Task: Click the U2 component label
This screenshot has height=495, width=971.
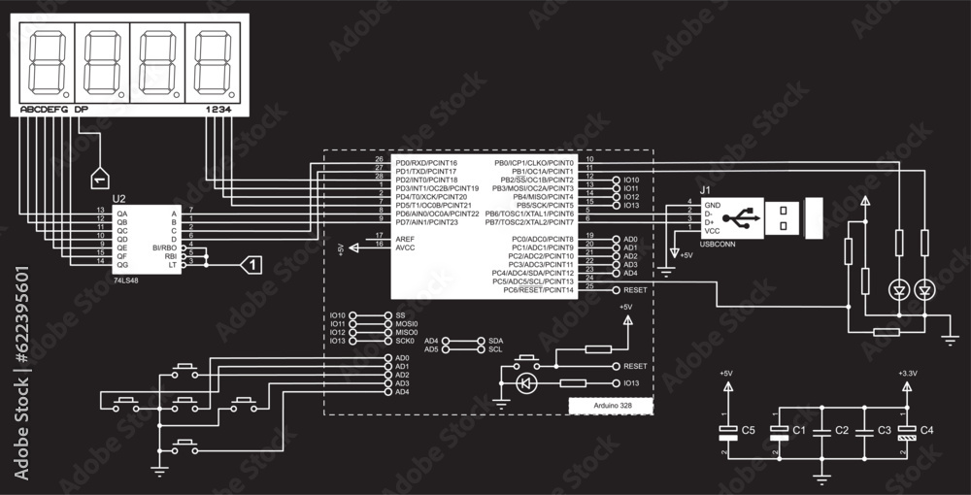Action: coord(119,199)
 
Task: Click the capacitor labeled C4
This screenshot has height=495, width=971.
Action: coord(907,429)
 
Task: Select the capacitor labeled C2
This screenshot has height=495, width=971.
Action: coord(821,429)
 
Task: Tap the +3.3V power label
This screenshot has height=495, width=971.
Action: coord(907,373)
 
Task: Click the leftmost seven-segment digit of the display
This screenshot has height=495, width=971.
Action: coord(44,61)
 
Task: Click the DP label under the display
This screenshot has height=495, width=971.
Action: coord(81,110)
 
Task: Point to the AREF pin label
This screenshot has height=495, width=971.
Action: coord(405,237)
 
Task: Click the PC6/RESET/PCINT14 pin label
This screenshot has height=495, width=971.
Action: coord(533,289)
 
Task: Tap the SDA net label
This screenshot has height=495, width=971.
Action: coord(495,342)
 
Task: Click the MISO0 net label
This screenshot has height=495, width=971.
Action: coord(406,333)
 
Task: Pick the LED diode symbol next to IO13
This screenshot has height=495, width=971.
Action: coord(527,383)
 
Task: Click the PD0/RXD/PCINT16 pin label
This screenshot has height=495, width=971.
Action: coord(426,162)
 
